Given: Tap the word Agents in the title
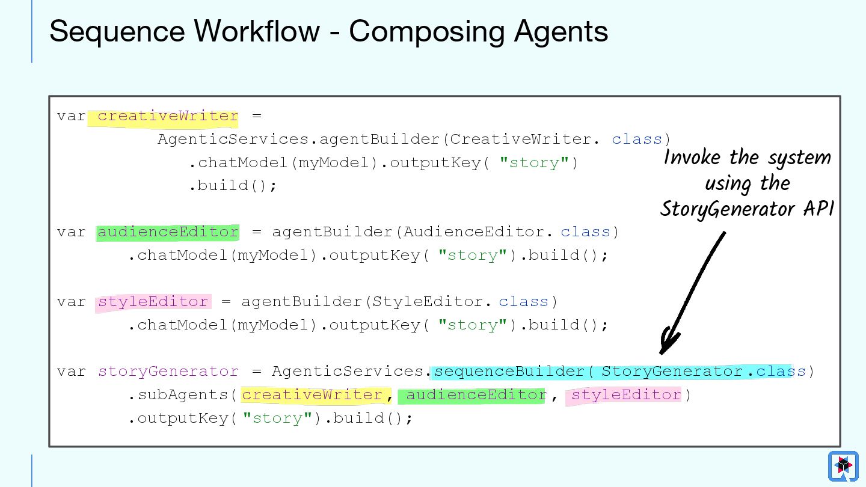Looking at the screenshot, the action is pos(560,31).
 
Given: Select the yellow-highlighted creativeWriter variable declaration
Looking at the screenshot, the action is pos(168,116).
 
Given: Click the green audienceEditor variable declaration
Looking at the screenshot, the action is pos(168,232).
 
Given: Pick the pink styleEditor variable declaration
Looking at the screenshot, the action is pos(153,302).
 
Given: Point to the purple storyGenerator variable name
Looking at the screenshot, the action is pos(168,372).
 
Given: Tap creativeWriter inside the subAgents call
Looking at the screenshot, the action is pos(312,395).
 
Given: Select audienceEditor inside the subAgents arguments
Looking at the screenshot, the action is pos(476,395).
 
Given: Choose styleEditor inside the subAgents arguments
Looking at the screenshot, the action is pos(626,395).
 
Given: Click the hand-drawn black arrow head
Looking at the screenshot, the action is pos(668,342).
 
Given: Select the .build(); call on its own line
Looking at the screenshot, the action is pos(233,186).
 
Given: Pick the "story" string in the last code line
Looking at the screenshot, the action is pos(277,418).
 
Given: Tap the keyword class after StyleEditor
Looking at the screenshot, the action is pos(523,302).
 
